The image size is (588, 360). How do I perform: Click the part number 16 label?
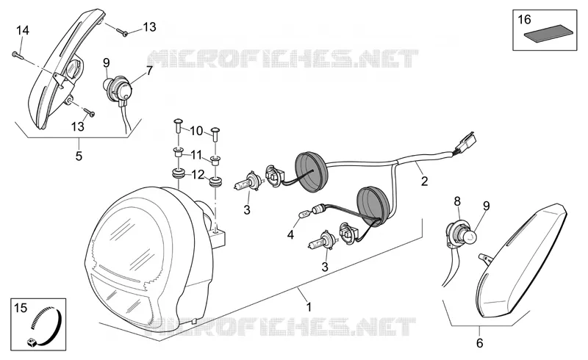tap(524, 19)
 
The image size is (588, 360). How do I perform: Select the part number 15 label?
tap(21, 309)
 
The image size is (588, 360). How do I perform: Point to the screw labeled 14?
tap(18, 56)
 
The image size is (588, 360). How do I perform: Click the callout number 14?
tap(23, 30)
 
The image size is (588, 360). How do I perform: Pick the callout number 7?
tap(149, 71)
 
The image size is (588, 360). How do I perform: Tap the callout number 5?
tap(79, 156)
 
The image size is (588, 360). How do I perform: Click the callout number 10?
tap(196, 131)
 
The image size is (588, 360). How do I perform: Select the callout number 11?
tap(196, 154)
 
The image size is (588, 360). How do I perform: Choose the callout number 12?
tap(198, 174)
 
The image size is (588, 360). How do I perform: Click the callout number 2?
tap(424, 181)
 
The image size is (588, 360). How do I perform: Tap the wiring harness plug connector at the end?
tap(466, 143)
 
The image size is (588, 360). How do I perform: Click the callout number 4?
tap(290, 235)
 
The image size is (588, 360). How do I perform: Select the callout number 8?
tap(457, 202)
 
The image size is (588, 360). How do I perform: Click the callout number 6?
tap(480, 343)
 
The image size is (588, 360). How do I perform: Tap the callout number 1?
tap(309, 307)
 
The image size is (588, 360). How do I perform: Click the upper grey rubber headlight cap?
tap(312, 170)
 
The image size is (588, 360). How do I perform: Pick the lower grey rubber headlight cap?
tap(373, 206)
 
